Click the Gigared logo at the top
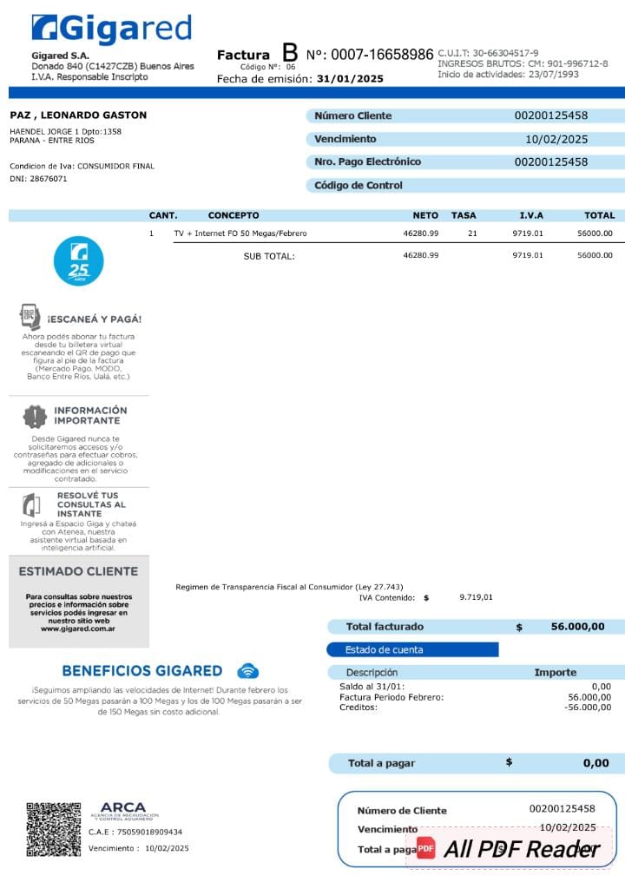111,29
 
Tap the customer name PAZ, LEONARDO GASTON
78,115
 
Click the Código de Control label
358,185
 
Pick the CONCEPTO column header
234,215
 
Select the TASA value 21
472,233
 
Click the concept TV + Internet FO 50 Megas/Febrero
240,233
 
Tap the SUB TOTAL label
269,256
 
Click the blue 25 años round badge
79,260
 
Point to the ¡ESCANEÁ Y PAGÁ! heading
95,319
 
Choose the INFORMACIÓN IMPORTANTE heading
90,415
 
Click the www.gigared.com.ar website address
79,629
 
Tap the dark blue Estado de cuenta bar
412,649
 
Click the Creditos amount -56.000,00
588,708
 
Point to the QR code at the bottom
53,830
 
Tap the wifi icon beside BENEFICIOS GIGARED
248,670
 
